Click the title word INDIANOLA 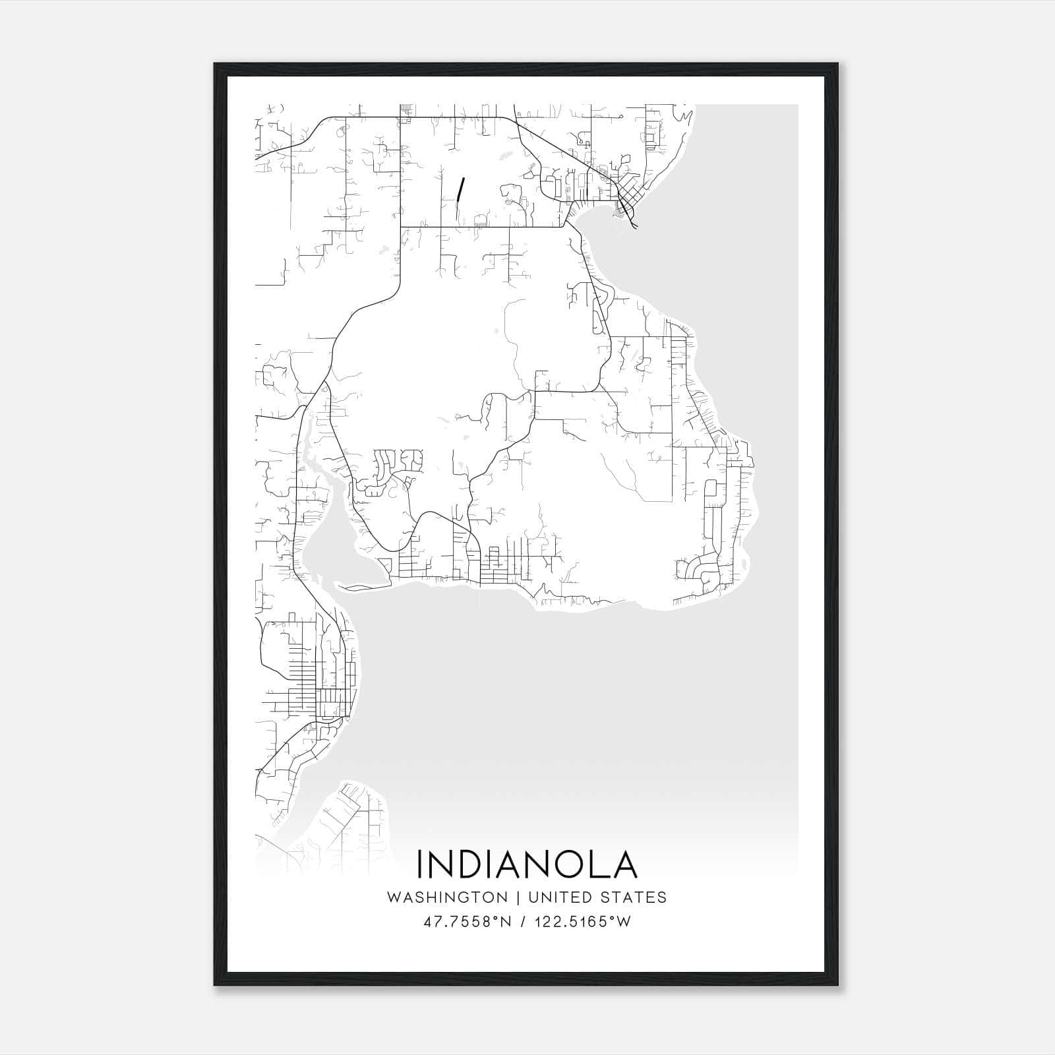coord(527,864)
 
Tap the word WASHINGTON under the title coord(447,897)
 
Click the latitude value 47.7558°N coord(468,922)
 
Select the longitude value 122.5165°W coord(584,922)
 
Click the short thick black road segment coord(461,189)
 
